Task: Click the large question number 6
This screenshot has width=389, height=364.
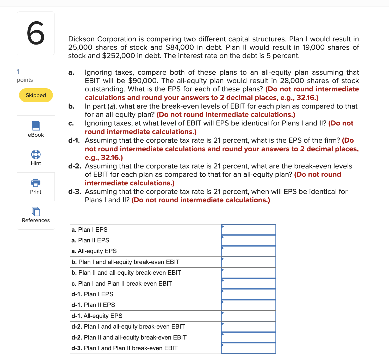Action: coord(36,33)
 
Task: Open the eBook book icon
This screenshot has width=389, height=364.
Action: coord(36,126)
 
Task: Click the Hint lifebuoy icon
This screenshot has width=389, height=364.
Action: coord(36,154)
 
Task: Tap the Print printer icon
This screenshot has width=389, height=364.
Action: coord(36,183)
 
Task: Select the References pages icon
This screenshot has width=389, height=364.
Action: coord(36,211)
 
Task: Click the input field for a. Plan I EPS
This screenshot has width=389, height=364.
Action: coord(248,230)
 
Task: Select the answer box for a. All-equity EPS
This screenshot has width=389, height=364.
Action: coord(248,251)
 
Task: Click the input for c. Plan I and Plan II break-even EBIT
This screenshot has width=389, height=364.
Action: coord(248,284)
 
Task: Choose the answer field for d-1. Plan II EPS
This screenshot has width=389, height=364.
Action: coord(248,305)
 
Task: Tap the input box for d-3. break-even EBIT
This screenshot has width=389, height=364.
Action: coord(248,348)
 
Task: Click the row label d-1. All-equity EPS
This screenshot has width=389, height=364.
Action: coord(97,316)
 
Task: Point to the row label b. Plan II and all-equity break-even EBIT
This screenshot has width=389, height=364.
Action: coord(126,273)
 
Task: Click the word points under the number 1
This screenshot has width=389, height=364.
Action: coord(25,80)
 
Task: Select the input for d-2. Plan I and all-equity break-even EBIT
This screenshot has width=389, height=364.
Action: coord(248,327)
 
